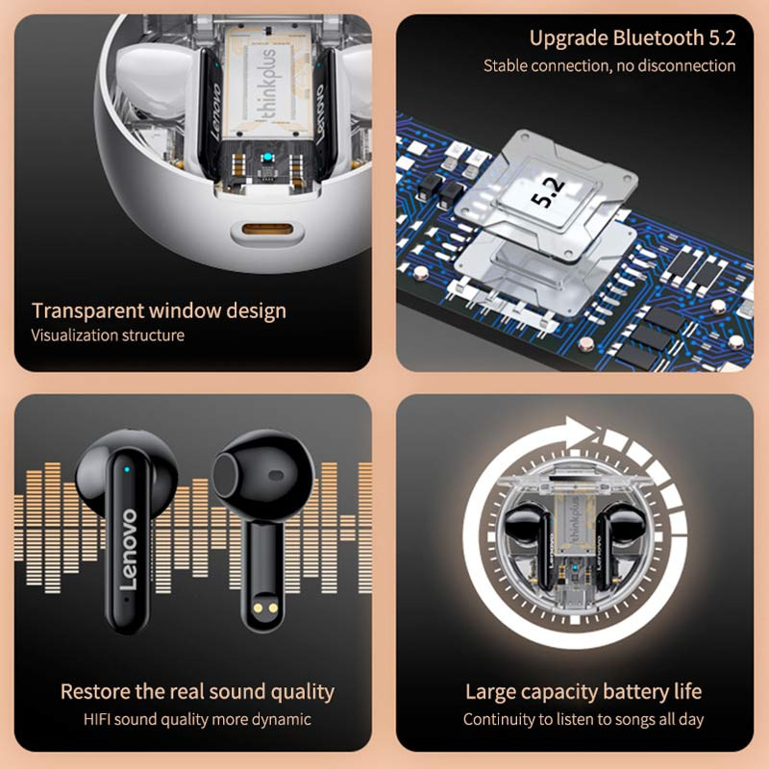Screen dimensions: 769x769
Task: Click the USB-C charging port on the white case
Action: pos(267,229)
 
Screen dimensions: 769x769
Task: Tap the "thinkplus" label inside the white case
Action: pos(265,85)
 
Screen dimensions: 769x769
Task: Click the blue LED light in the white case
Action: pos(267,158)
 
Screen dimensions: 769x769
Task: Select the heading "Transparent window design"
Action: pos(159,310)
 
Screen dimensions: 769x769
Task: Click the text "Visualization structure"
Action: pos(108,335)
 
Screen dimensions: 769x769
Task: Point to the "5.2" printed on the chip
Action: pos(548,192)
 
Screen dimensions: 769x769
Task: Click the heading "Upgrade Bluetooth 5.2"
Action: pos(633,38)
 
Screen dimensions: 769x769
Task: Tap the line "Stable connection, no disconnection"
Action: pos(609,65)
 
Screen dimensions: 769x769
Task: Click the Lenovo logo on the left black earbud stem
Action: pos(129,549)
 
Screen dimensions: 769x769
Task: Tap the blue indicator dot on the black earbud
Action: pos(127,469)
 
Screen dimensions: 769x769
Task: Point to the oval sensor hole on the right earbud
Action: pos(276,475)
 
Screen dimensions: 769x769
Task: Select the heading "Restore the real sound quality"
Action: pos(197,691)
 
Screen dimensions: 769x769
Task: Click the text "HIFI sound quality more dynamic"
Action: pos(197,719)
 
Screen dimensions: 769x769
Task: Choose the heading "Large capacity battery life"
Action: pos(583,692)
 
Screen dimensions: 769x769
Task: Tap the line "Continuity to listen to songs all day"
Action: pos(583,719)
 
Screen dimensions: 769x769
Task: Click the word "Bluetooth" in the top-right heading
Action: pos(658,38)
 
